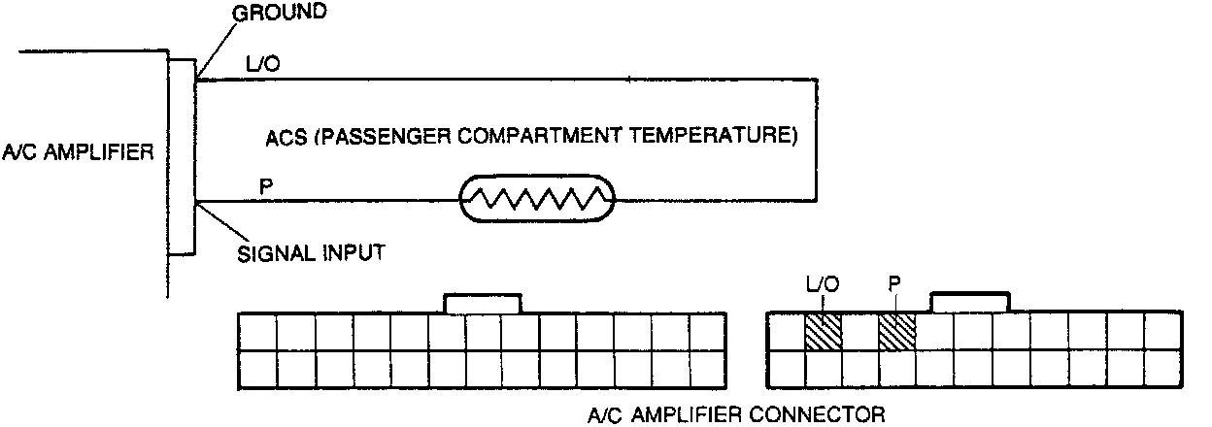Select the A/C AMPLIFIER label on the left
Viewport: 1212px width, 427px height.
tap(78, 152)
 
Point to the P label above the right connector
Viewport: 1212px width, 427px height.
tap(894, 286)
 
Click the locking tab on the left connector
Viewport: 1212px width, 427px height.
tap(483, 303)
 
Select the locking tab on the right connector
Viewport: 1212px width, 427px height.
tap(970, 303)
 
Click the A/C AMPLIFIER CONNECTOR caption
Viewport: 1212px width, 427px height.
tap(736, 415)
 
